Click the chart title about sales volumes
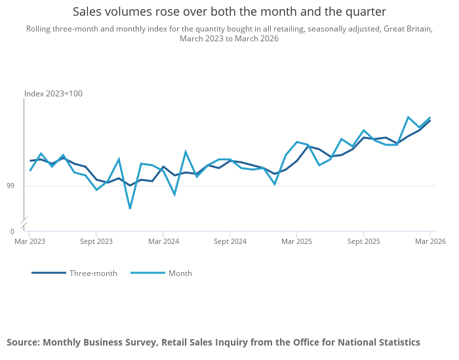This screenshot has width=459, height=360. tap(229, 12)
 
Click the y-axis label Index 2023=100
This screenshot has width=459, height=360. tap(53, 94)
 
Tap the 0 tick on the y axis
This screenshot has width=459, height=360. tap(12, 231)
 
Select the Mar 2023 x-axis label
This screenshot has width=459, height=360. tap(30, 241)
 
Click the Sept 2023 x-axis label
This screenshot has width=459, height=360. tap(96, 241)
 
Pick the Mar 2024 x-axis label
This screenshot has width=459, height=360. tap(164, 241)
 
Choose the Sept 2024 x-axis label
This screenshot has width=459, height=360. tap(230, 241)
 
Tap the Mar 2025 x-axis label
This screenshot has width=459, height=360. tap(297, 241)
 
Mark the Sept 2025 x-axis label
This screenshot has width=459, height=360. tap(364, 241)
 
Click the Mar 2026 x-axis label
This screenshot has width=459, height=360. tap(430, 241)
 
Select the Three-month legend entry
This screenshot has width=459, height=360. tap(74, 273)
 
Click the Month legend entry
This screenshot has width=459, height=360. tap(161, 273)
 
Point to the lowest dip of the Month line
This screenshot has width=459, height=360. tap(130, 209)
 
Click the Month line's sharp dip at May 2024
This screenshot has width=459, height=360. tap(174, 195)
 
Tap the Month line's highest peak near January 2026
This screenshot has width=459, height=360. tap(408, 117)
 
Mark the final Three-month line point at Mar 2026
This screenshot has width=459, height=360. tap(430, 121)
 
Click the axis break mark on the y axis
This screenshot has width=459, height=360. tap(24, 221)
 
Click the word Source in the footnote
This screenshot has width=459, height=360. tap(22, 342)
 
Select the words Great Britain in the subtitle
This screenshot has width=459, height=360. tap(407, 29)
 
